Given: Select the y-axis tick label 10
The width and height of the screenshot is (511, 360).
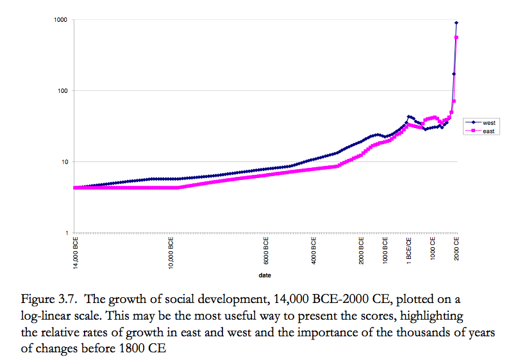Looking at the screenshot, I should point(65,161).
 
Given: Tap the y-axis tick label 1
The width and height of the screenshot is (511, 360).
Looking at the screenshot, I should point(67,233).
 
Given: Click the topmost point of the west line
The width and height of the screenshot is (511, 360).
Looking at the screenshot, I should point(457,23).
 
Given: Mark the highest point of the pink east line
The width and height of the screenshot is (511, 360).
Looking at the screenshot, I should point(457,38).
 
